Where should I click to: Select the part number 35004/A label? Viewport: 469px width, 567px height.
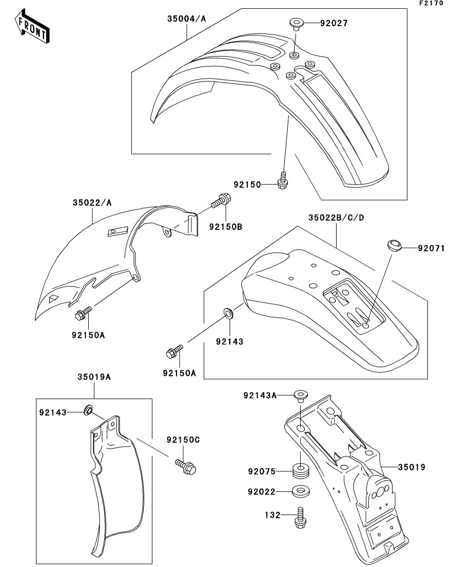coord(186,19)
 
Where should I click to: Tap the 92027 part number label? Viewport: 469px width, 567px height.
coord(334,23)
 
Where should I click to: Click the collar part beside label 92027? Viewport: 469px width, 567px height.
coord(296,23)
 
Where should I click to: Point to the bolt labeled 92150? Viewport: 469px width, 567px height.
coord(283,181)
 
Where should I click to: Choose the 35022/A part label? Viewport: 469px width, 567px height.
coord(91,203)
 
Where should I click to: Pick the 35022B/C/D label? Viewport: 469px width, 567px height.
coord(336,217)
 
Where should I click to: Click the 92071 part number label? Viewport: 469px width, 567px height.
coord(431,248)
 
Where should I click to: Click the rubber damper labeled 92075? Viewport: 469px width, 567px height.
coord(300,470)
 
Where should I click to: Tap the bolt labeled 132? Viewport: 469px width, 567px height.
coord(300,516)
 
